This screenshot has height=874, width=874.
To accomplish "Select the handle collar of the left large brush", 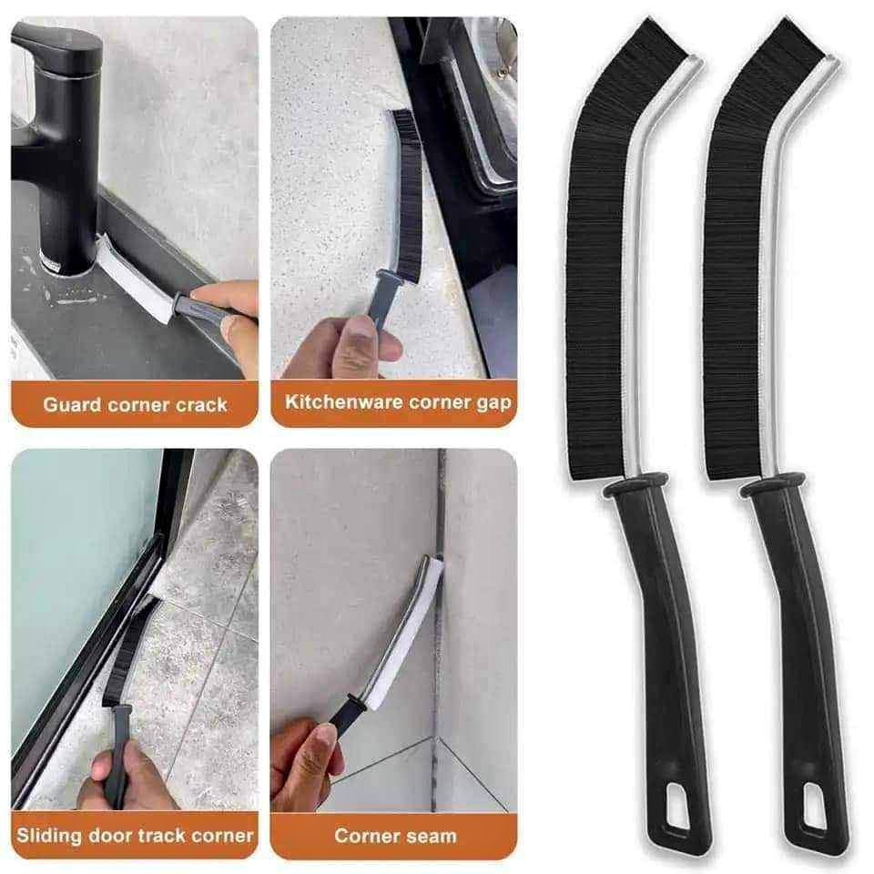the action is (x=636, y=483).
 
